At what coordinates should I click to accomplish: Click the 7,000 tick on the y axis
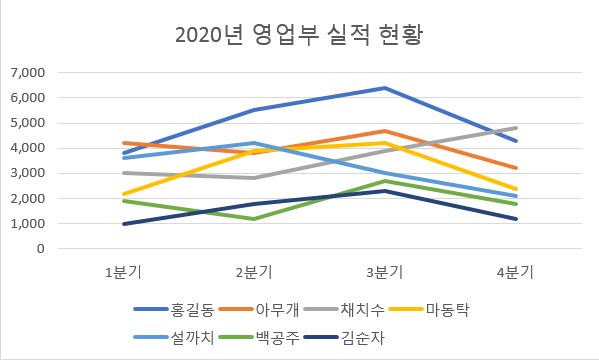27,73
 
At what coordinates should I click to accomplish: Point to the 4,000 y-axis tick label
27,148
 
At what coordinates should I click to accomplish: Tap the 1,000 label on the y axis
27,224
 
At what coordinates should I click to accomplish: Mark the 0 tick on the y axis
41,249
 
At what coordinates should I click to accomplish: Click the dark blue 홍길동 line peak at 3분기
385,88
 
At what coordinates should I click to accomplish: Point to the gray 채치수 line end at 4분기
516,128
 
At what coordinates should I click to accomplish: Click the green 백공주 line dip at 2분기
254,219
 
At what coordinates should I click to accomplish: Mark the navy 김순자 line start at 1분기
123,224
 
